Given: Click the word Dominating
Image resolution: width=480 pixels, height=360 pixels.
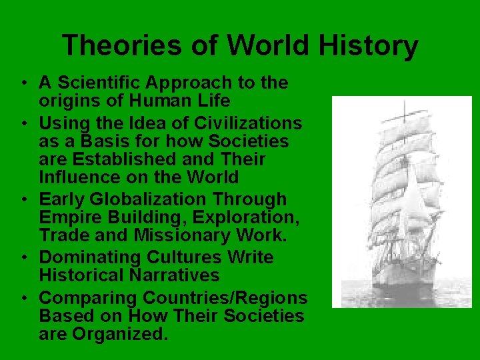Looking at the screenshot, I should [93, 257].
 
